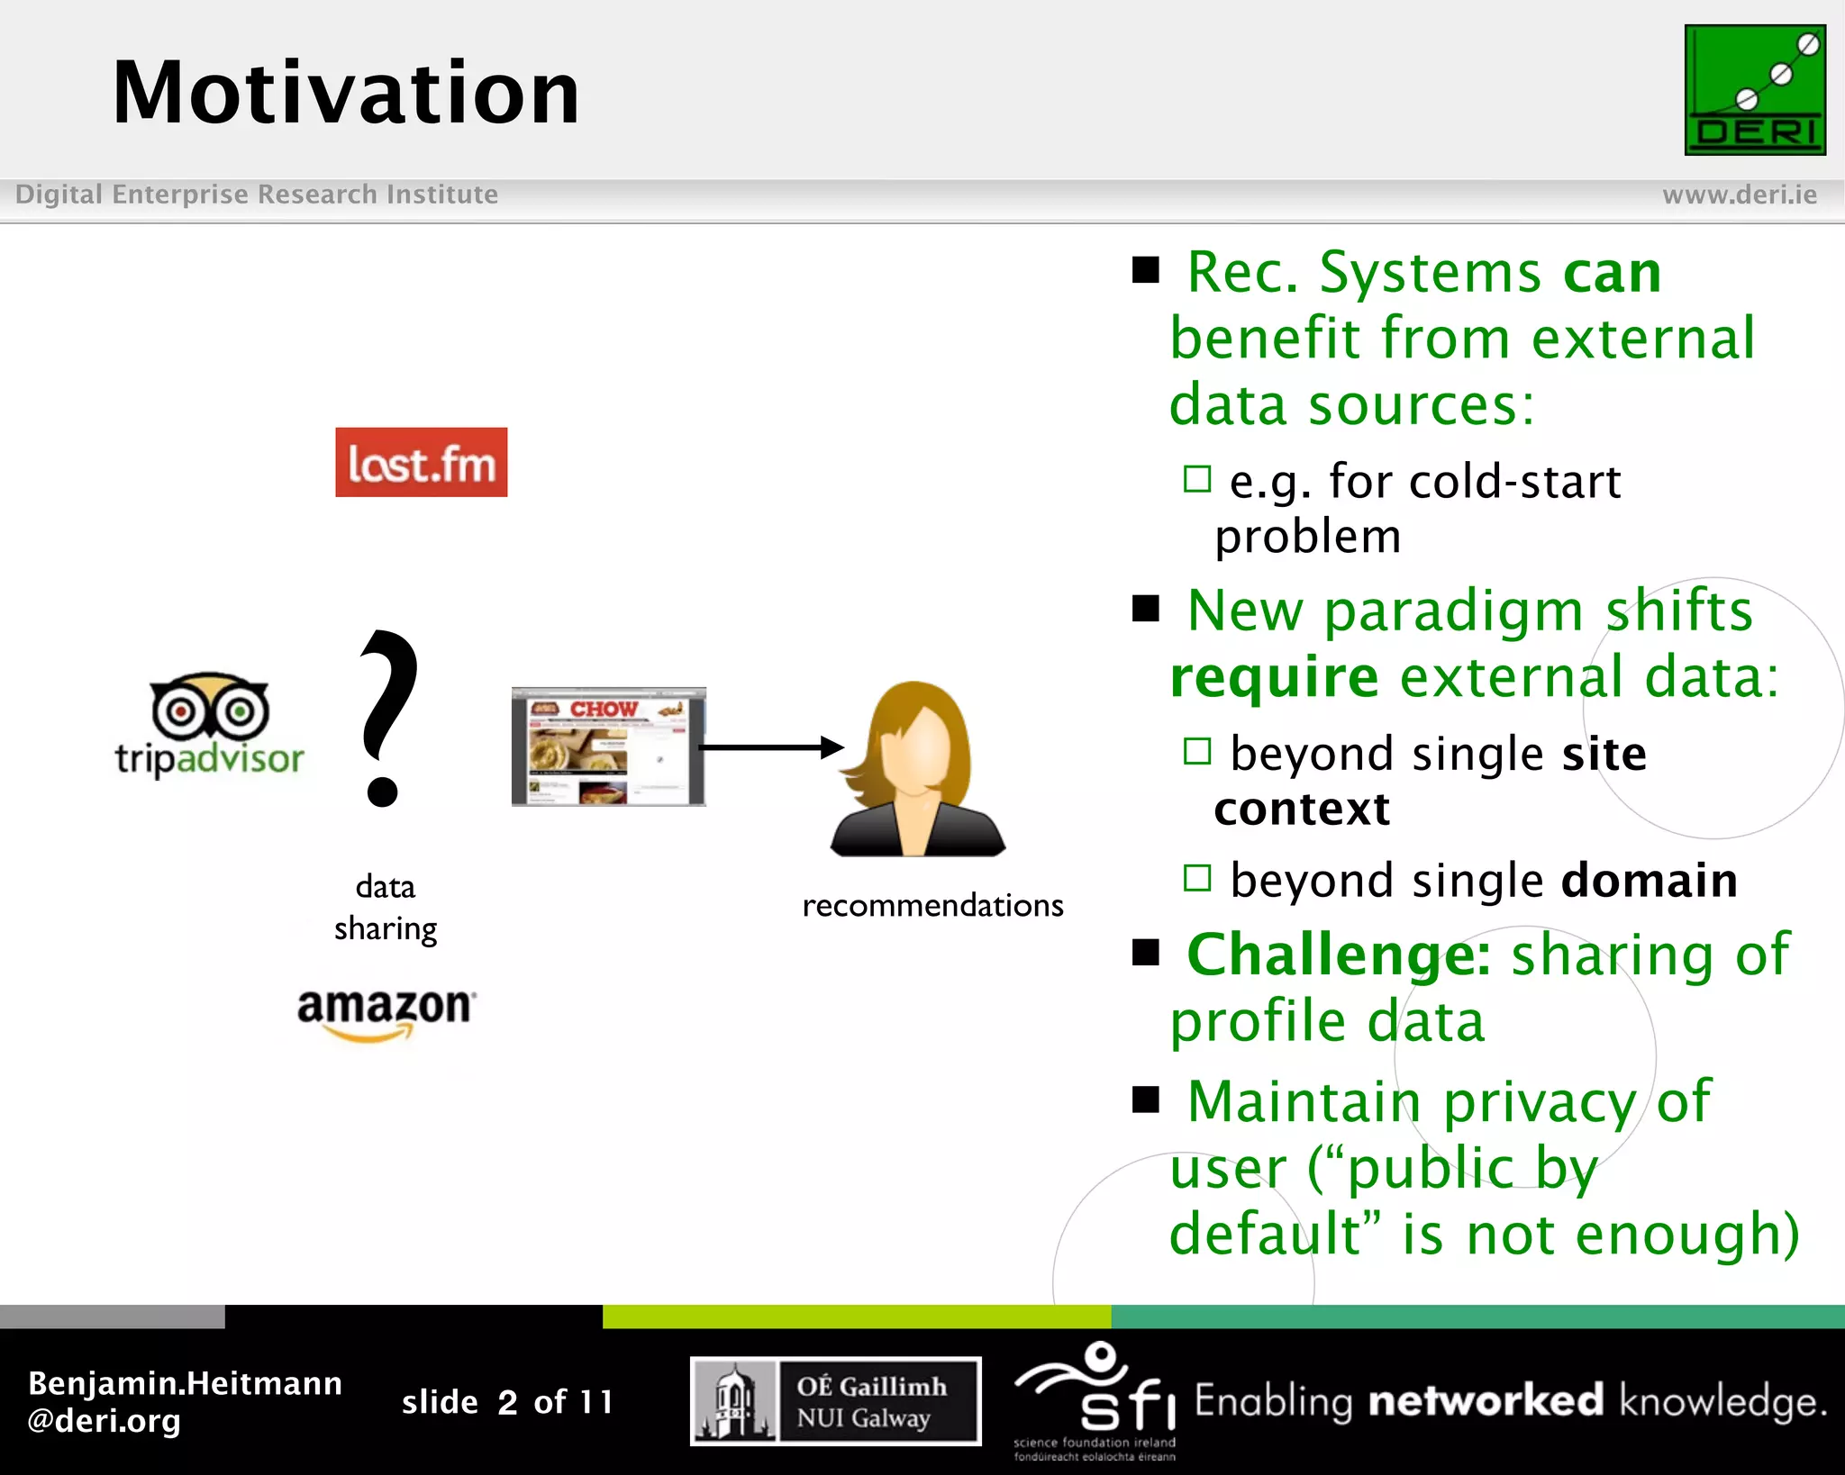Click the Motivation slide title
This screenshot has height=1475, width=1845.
tap(346, 93)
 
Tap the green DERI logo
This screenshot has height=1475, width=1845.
tap(1754, 90)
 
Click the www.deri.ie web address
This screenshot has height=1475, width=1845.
tap(1739, 195)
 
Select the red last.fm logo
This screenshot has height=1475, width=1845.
tap(421, 462)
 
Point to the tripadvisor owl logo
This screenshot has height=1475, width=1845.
tap(209, 724)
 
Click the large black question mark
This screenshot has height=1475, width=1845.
tap(387, 718)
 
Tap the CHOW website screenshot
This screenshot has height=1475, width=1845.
tap(608, 747)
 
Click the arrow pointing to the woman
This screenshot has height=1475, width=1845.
tap(771, 747)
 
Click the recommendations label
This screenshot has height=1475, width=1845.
tap(932, 905)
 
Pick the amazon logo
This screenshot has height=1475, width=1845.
tap(386, 1012)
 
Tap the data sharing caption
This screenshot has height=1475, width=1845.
tap(386, 908)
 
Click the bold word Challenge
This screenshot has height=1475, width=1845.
tap(1338, 955)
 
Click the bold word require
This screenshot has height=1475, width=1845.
tap(1274, 676)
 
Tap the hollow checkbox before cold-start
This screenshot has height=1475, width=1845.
tap(1196, 479)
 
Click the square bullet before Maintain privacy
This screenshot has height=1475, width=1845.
tap(1146, 1099)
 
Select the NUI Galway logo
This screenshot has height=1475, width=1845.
tap(835, 1401)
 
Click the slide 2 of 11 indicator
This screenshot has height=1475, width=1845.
tap(507, 1402)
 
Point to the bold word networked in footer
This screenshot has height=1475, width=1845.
tap(1486, 1401)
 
